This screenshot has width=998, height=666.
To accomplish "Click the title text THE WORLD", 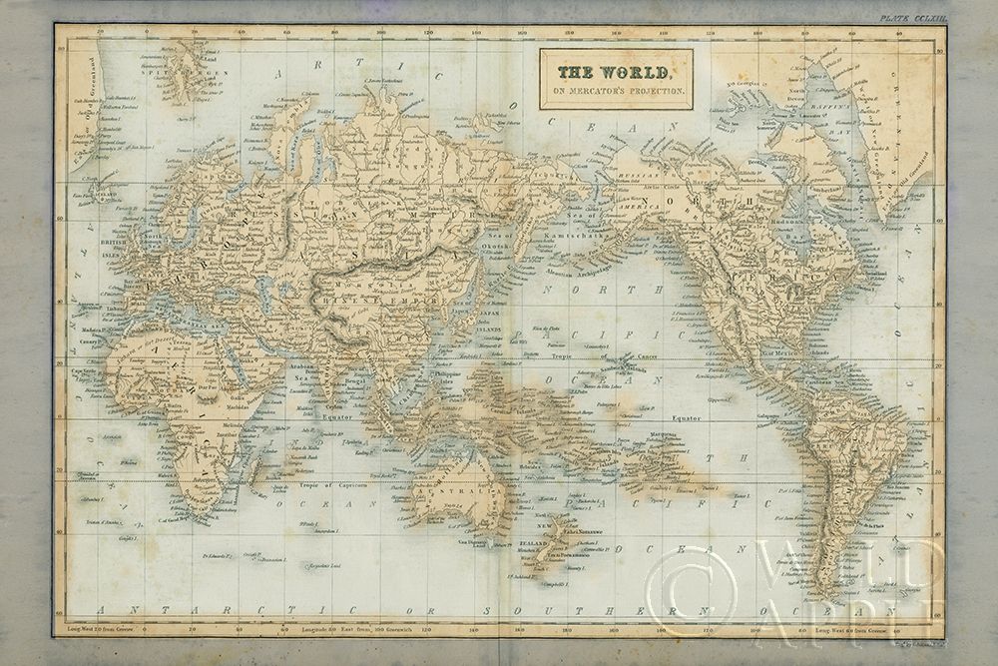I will click(x=615, y=72).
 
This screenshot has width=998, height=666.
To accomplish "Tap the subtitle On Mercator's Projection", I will click(x=615, y=92).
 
